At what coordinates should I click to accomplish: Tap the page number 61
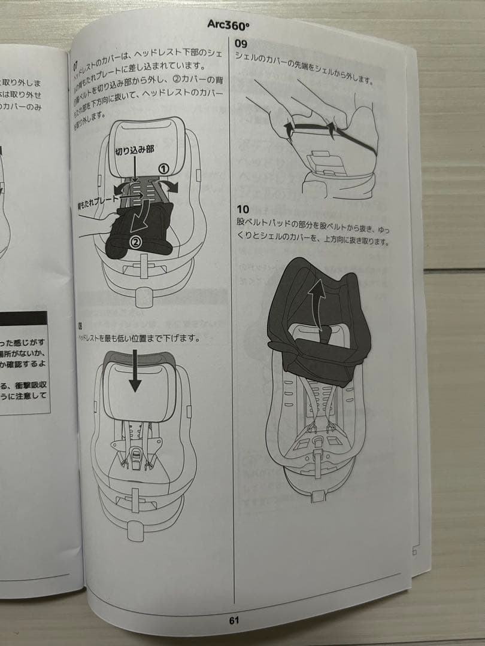tap(234, 620)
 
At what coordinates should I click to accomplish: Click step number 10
tap(242, 209)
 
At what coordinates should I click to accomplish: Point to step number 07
tap(76, 64)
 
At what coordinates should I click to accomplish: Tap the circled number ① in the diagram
tap(162, 169)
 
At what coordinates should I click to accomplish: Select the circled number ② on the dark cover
tap(135, 242)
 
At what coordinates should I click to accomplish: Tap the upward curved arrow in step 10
tap(320, 302)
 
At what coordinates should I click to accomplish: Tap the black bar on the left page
tap(24, 318)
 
